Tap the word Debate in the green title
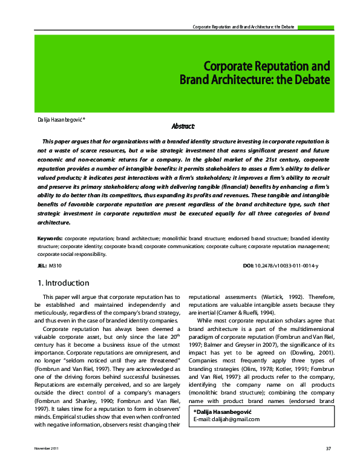(309, 79)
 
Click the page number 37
(328, 465)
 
